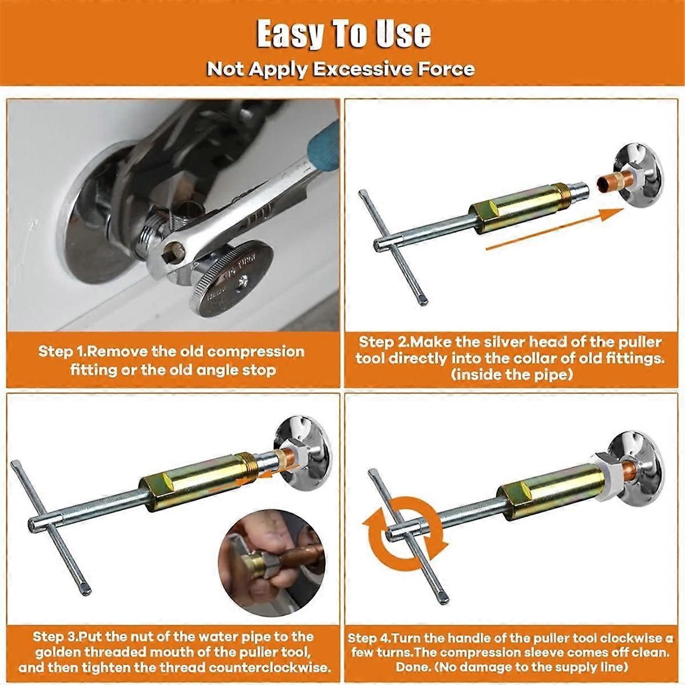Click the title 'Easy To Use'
click(x=343, y=35)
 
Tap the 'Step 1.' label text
click(x=63, y=350)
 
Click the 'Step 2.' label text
click(x=383, y=342)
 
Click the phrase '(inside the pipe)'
click(x=511, y=375)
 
